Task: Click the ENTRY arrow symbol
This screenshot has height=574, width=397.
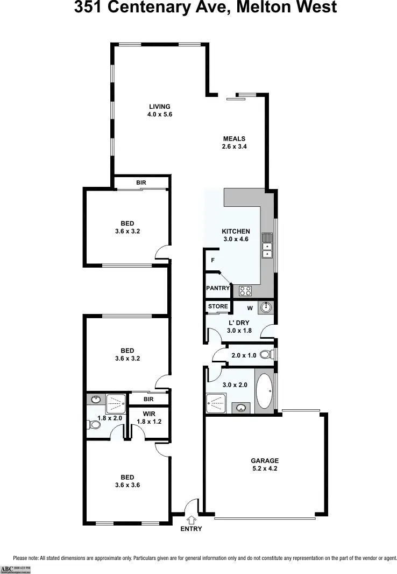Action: pyautogui.click(x=192, y=520)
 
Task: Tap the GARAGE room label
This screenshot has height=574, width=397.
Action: pyautogui.click(x=265, y=461)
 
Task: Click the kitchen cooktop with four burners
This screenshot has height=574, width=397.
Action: pyautogui.click(x=245, y=291)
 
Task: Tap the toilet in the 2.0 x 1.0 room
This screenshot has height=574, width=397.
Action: pyautogui.click(x=265, y=354)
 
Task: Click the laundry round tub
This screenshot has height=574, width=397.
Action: pyautogui.click(x=266, y=307)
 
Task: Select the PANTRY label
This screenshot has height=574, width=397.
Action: pyautogui.click(x=218, y=289)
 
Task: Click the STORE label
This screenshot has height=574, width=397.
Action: pyautogui.click(x=218, y=306)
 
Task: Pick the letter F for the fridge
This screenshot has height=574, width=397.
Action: pyautogui.click(x=213, y=261)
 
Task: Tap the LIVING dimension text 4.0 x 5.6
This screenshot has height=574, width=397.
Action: pyautogui.click(x=160, y=114)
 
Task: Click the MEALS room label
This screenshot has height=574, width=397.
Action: pyautogui.click(x=234, y=139)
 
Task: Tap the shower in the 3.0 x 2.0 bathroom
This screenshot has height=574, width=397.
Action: pyautogui.click(x=216, y=402)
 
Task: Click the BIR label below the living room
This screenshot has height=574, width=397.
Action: pyautogui.click(x=141, y=183)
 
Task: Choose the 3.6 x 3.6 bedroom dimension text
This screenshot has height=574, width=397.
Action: pyautogui.click(x=127, y=485)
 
